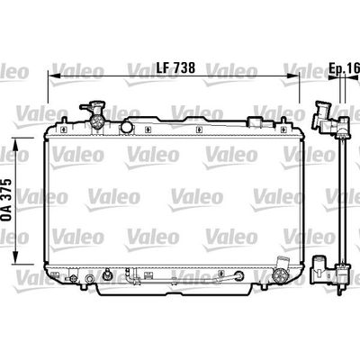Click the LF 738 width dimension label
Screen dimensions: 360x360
click(175, 67)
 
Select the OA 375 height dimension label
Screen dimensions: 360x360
click(6, 200)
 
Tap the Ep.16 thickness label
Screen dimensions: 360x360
click(344, 68)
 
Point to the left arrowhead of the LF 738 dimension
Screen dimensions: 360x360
click(54, 76)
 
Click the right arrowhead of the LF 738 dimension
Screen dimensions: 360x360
click(293, 76)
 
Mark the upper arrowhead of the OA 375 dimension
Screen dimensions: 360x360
click(16, 145)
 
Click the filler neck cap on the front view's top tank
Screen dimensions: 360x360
click(93, 107)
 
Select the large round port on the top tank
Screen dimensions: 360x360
click(126, 127)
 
